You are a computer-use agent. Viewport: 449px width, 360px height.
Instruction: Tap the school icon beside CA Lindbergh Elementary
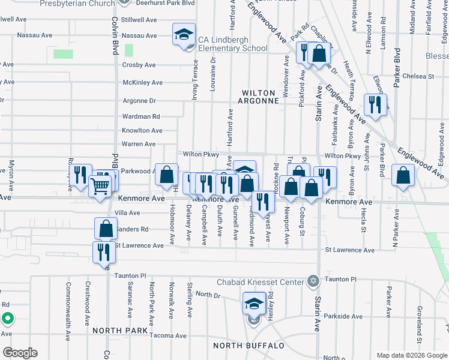184,35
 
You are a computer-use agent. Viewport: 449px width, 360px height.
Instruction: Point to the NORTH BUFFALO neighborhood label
248,346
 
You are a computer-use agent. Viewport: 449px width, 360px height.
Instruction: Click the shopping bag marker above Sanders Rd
106,229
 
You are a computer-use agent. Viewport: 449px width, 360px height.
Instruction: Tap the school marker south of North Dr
254,304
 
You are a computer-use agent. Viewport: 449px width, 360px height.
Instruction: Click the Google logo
20,353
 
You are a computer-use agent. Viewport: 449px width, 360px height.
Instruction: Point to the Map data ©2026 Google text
411,355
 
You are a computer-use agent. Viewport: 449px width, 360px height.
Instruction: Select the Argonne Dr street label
139,101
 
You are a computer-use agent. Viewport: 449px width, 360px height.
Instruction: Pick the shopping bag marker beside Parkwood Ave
167,175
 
